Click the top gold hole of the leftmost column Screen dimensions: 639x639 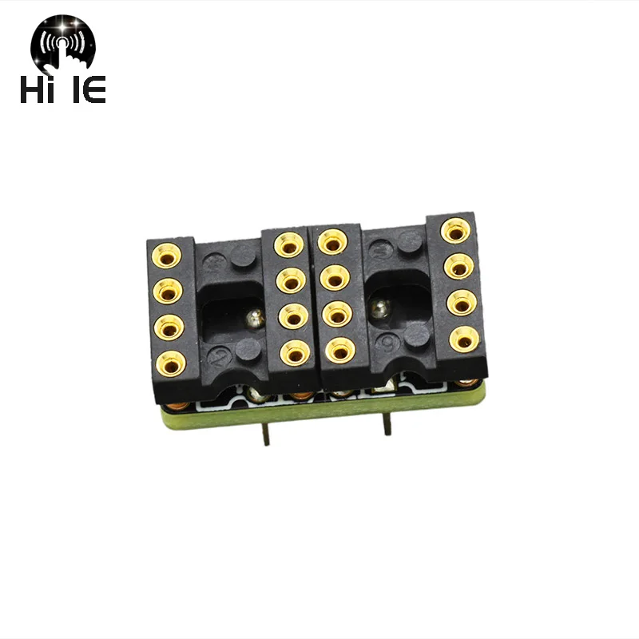point(168,255)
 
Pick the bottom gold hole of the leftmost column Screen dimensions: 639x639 point(169,363)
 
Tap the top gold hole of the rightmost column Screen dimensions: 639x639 point(455,232)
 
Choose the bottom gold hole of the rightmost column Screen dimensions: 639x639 point(462,339)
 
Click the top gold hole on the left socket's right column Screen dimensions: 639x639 point(288,245)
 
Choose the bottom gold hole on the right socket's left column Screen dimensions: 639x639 point(339,348)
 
